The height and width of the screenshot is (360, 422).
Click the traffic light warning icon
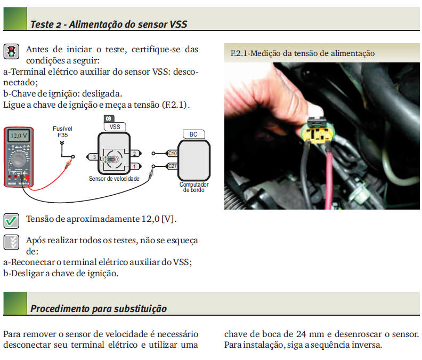11,52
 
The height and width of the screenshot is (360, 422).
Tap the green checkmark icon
11,220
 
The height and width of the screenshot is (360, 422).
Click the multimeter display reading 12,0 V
19,135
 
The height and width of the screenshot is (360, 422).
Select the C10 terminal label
172,153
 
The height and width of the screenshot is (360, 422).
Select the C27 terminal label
172,166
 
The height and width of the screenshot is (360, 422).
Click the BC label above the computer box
193,134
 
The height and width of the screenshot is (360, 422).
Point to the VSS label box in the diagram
115,127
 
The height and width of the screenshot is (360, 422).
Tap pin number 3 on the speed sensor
94,157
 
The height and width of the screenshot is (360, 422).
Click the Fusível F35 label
62,132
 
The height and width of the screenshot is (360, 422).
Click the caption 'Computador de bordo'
193,187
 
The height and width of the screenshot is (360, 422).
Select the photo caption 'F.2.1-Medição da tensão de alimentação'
303,53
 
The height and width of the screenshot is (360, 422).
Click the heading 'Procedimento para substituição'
99,308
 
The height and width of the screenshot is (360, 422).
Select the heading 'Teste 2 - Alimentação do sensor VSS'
109,25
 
